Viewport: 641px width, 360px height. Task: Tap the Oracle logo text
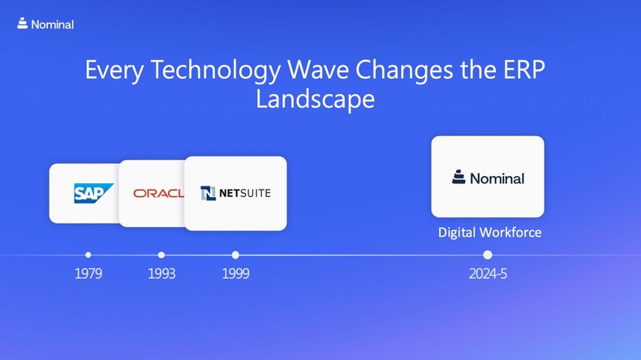coord(158,193)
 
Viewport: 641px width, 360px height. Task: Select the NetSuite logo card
coord(235,193)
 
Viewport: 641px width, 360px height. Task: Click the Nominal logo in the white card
coord(488,178)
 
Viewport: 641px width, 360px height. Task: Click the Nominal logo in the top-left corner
coord(45,24)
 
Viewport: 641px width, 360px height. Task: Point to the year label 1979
coord(88,274)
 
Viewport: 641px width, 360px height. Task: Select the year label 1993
coord(161,274)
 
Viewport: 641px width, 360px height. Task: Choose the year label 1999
coord(235,274)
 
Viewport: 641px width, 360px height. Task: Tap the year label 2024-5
coord(488,274)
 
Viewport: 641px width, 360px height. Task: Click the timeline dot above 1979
coord(88,255)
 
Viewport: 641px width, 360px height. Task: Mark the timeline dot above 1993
coord(161,255)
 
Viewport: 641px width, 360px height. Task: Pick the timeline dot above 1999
coord(235,255)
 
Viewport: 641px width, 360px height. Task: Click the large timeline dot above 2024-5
coord(488,255)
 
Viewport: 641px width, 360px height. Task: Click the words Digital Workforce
coord(489,233)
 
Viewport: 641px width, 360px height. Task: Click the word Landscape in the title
coord(315,99)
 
